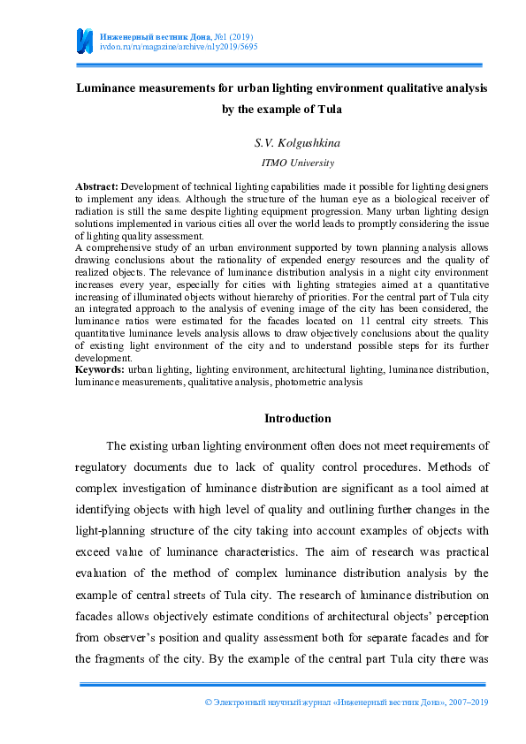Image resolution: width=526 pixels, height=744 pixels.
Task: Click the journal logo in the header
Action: coord(84,40)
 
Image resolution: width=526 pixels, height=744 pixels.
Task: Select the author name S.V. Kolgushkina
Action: coord(285,142)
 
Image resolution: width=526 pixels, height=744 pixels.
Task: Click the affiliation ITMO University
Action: coord(285,163)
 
